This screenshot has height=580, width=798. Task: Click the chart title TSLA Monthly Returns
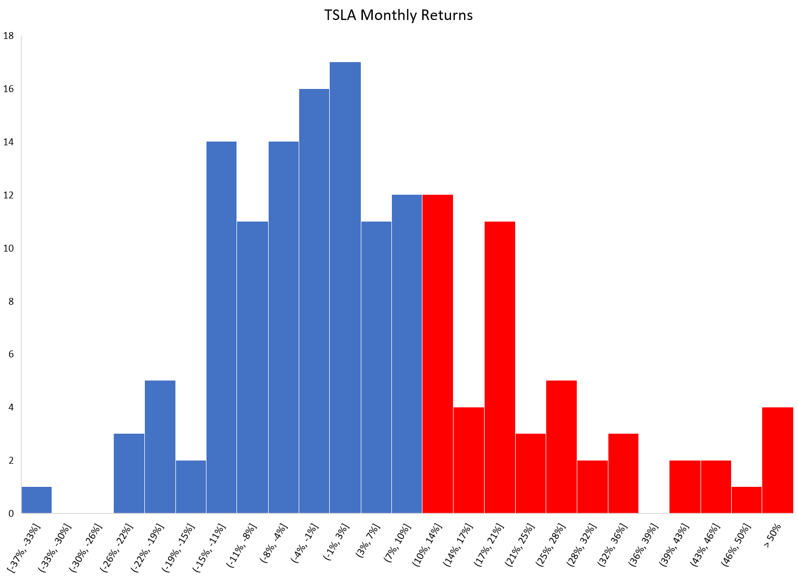pos(398,15)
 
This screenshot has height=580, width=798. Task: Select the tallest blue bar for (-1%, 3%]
pos(345,287)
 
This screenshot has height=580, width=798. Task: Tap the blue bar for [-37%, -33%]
pos(36,500)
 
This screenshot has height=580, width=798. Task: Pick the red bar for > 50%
pos(777,460)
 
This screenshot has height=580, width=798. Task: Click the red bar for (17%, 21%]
pos(499,367)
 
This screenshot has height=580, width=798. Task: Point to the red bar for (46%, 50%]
pos(746,500)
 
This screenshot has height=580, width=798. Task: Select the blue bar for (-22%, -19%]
pos(160,447)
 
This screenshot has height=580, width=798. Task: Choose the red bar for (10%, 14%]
pos(438,354)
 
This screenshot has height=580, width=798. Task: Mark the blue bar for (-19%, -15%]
pos(191,487)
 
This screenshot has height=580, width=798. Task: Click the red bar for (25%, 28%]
pos(561,447)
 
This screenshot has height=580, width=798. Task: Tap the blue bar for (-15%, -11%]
pos(222,327)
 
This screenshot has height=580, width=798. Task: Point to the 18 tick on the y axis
pos(8,36)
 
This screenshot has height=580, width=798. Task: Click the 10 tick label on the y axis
pos(8,248)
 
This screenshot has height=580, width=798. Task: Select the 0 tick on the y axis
pos(11,513)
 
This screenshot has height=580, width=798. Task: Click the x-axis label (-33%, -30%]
pos(55,547)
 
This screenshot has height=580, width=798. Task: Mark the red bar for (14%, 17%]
pos(468,460)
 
